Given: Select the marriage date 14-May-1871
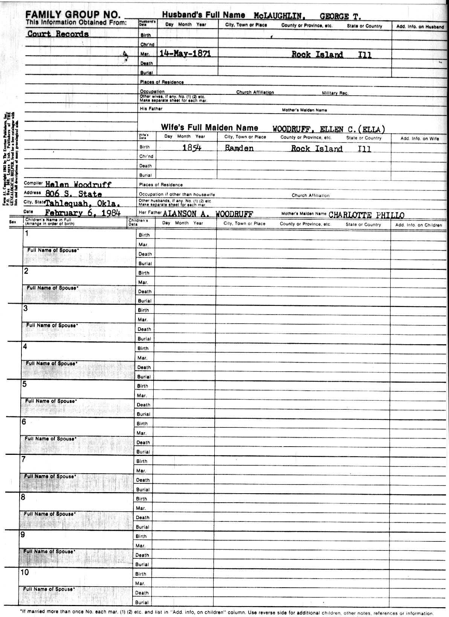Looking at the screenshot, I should (185, 53).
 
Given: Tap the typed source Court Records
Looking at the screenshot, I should (58, 34).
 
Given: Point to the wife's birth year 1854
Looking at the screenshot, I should (192, 148).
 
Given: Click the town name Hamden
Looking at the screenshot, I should (239, 148).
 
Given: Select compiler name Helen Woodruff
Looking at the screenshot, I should (78, 184).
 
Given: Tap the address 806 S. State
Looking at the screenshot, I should (73, 194).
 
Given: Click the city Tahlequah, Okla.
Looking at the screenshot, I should (83, 204).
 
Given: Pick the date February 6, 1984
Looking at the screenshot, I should (82, 213).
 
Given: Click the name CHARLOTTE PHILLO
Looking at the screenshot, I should (366, 215).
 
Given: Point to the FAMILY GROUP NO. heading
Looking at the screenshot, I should (73, 15).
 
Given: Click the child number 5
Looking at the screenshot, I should (24, 384).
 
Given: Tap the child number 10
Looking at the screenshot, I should (26, 572).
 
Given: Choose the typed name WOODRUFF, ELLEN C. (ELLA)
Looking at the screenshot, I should (328, 129).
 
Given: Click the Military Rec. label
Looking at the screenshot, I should (335, 93).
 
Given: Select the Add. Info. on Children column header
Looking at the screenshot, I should (418, 225).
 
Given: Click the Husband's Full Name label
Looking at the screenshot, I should (203, 15).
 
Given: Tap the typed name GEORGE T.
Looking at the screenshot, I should (340, 17).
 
